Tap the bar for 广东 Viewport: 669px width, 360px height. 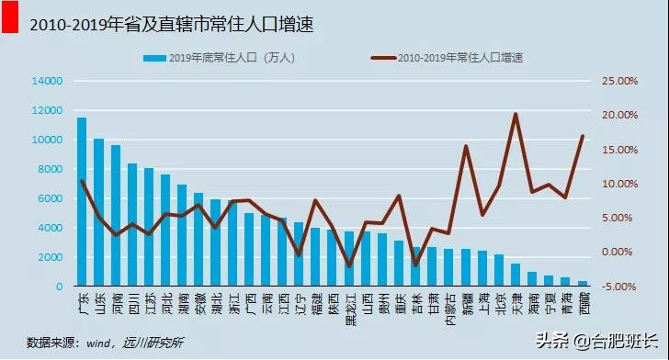pyautogui.click(x=82, y=202)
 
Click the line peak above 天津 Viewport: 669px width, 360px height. pyautogui.click(x=515, y=115)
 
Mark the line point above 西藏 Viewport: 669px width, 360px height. pyautogui.click(x=583, y=136)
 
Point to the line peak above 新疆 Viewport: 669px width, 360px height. pyautogui.click(x=466, y=146)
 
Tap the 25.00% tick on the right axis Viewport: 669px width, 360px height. pyautogui.click(x=619, y=81)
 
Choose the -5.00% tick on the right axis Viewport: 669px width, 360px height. pyautogui.click(x=619, y=287)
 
